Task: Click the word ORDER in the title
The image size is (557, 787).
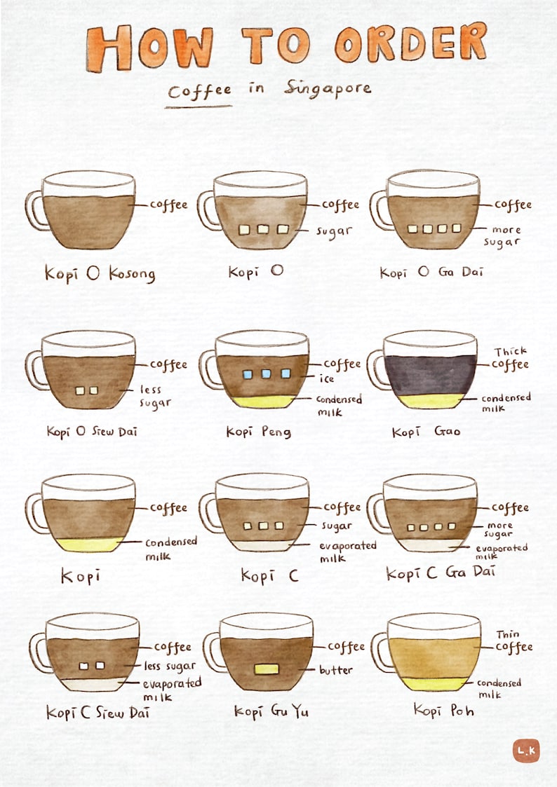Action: [x=410, y=42]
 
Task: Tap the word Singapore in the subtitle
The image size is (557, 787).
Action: [x=328, y=89]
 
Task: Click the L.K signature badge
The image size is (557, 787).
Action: [x=525, y=751]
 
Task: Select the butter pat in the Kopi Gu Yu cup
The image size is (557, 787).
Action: [x=267, y=669]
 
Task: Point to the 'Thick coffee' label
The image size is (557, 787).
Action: [x=511, y=358]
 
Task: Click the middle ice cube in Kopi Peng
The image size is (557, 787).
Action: [x=267, y=374]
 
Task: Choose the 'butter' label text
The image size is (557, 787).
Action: [x=336, y=670]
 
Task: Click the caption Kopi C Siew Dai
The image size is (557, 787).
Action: [x=98, y=713]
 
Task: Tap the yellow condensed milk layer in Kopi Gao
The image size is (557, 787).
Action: [x=431, y=401]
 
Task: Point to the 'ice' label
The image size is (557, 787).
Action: [x=328, y=379]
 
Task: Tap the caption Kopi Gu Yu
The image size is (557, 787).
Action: [x=271, y=711]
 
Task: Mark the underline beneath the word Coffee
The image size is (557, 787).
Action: [x=199, y=107]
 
